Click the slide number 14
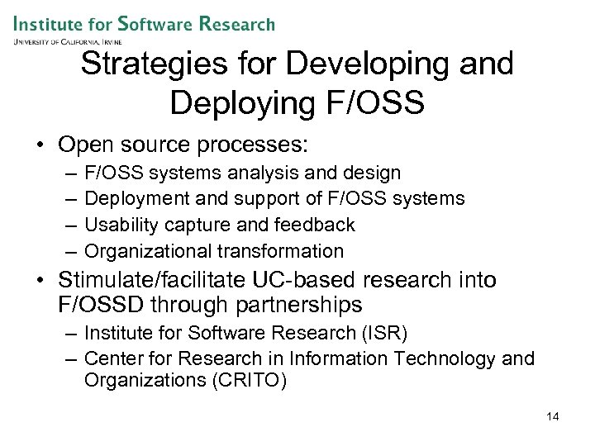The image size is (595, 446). pos(553,416)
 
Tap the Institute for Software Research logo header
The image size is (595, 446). pos(144,24)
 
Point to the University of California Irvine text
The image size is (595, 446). pos(68,41)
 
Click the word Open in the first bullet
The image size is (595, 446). pos(86,145)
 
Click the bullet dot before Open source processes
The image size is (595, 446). pos(41,146)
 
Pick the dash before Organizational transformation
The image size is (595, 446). pos(66,251)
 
